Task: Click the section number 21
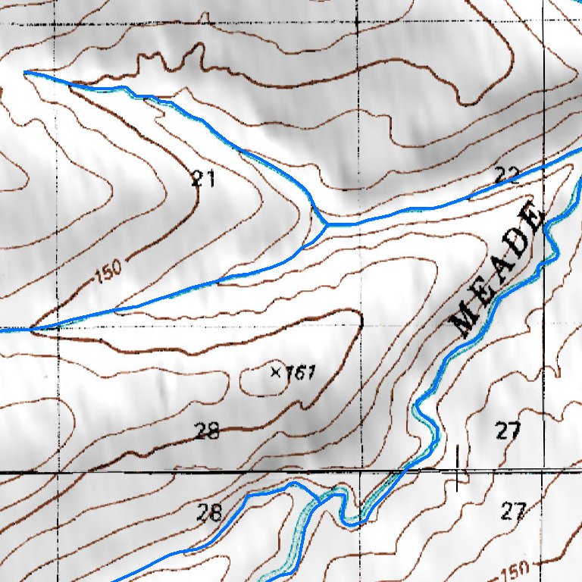203,179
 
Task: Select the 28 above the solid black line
207,431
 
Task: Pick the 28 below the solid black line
209,513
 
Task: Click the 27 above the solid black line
508,431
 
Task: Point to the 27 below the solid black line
513,512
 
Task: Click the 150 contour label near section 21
108,271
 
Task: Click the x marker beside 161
275,371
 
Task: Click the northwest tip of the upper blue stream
26,73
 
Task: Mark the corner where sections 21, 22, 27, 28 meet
361,327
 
